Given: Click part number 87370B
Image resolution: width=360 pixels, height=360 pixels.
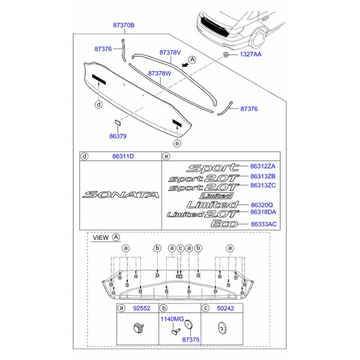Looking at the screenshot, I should [x=124, y=25].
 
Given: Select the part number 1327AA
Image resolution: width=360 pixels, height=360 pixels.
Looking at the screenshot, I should [x=251, y=55].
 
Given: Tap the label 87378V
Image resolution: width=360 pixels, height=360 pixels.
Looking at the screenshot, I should [x=170, y=53].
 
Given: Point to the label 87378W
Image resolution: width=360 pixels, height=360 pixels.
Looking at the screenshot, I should [x=160, y=73].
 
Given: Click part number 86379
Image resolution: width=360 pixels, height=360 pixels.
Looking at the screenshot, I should [x=118, y=136].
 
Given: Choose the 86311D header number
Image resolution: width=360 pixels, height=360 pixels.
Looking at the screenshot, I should [x=122, y=157].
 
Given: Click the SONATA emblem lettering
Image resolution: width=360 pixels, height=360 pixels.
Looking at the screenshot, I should [x=121, y=194].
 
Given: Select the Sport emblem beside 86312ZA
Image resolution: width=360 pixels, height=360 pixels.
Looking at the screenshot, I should [x=212, y=168].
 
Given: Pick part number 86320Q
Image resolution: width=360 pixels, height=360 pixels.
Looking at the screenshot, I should [x=261, y=204].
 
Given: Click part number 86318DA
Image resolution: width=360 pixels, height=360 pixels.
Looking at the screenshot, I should [x=263, y=213].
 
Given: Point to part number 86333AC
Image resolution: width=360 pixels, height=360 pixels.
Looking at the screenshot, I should [x=263, y=223].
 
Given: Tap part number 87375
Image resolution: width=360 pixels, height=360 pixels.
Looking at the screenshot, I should [x=190, y=339].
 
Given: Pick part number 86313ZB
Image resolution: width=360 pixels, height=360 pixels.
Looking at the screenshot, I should [x=263, y=177].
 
